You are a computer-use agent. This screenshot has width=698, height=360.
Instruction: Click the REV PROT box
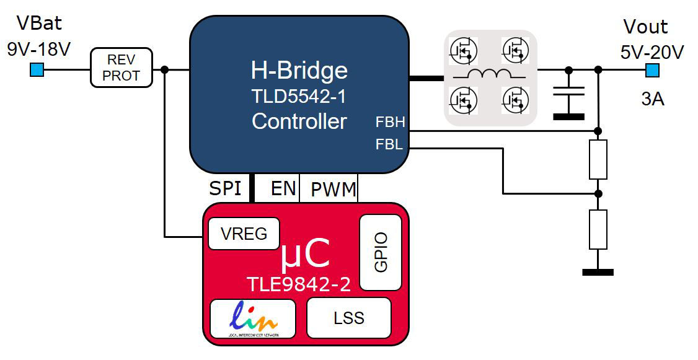pos(121,68)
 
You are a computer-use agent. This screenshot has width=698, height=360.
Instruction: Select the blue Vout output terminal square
pos(652,70)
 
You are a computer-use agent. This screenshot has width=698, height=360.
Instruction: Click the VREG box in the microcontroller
pos(244,234)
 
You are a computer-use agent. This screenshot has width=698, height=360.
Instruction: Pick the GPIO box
pos(381,252)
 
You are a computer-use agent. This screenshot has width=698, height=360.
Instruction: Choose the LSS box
pos(349,318)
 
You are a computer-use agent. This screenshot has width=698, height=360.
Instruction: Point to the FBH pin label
pos(390,122)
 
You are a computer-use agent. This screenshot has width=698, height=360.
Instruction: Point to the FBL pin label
pos(389,145)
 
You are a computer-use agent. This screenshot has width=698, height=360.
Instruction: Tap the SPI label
pos(225,188)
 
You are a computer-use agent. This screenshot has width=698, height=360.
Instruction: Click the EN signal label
pos(283,188)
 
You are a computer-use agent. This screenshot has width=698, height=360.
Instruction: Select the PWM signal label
pos(334,189)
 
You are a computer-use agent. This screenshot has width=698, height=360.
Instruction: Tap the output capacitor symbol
pos(568,93)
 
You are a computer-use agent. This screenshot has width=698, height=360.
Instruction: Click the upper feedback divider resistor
pos(598,159)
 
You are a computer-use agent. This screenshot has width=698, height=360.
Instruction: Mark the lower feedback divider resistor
pos(598,229)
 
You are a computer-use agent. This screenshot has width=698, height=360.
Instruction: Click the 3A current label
pos(652,99)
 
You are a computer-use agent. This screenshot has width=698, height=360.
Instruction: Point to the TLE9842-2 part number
pos(299,284)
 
